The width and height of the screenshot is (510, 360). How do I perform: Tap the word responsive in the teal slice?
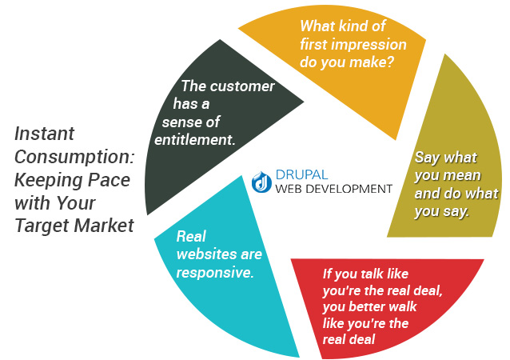coord(214,273)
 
